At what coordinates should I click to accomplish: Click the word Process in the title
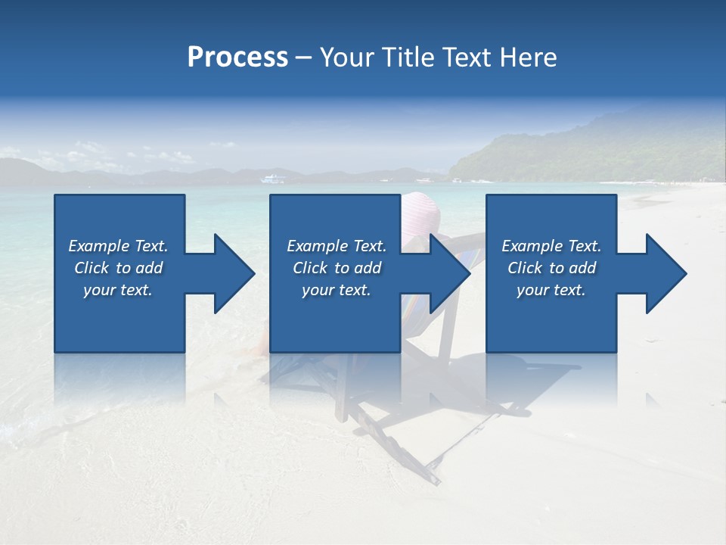tap(237, 58)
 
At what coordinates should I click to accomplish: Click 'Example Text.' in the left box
tap(118, 246)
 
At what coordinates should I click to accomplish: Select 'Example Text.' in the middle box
tap(337, 246)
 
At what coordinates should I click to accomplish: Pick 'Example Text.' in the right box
tap(551, 246)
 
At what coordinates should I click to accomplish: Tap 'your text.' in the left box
tap(118, 290)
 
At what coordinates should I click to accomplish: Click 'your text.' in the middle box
tap(337, 290)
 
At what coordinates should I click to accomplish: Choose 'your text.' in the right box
tap(551, 290)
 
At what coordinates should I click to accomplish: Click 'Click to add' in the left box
tap(118, 268)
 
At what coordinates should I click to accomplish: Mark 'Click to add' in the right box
tap(551, 268)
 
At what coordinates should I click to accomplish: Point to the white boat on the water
tap(273, 179)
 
